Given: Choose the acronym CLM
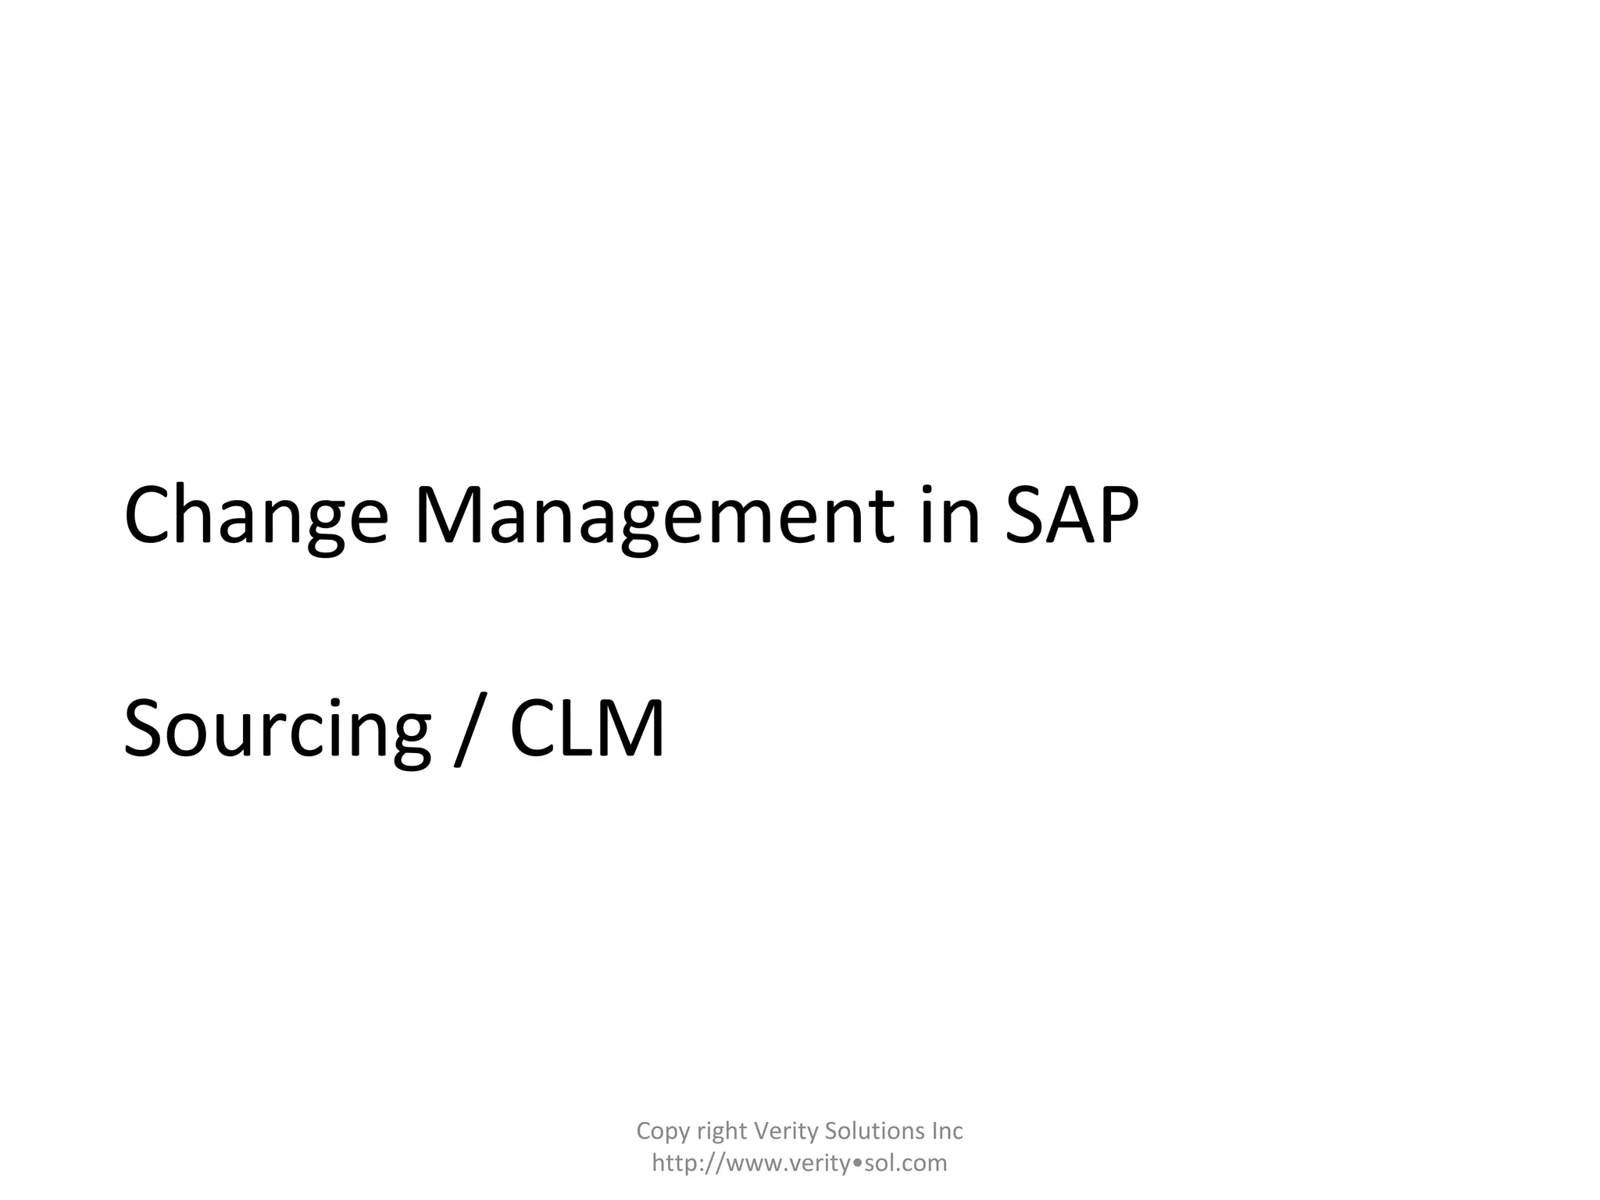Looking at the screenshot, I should (587, 728).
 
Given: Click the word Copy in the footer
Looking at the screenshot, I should (662, 1131).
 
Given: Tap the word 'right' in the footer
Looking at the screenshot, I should (721, 1131).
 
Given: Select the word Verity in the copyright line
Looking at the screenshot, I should (785, 1131).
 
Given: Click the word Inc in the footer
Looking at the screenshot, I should (947, 1130).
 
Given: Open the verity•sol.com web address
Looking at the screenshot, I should (800, 1163).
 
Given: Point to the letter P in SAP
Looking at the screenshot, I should (1116, 516).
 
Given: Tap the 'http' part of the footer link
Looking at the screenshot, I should (675, 1163).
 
